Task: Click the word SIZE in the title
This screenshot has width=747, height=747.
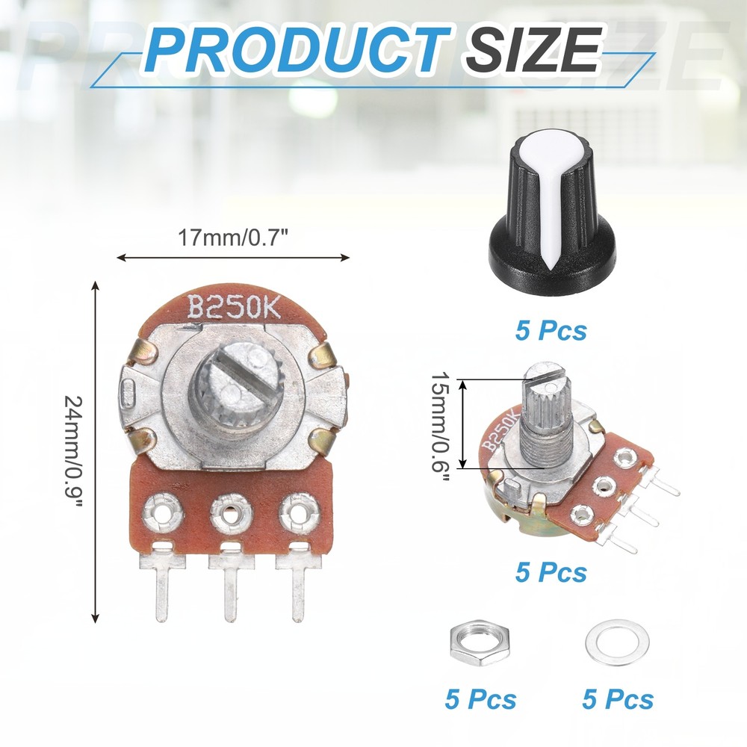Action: click(x=533, y=50)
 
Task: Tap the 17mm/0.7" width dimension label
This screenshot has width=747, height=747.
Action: click(x=234, y=238)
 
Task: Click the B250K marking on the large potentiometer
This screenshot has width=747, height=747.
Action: click(x=232, y=306)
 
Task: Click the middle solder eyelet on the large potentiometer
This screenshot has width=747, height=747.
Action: click(x=229, y=513)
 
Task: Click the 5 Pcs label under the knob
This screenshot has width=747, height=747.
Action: click(x=551, y=329)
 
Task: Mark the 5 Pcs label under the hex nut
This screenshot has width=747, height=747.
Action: click(x=480, y=699)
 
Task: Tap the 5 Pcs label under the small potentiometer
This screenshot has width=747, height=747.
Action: click(x=551, y=572)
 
